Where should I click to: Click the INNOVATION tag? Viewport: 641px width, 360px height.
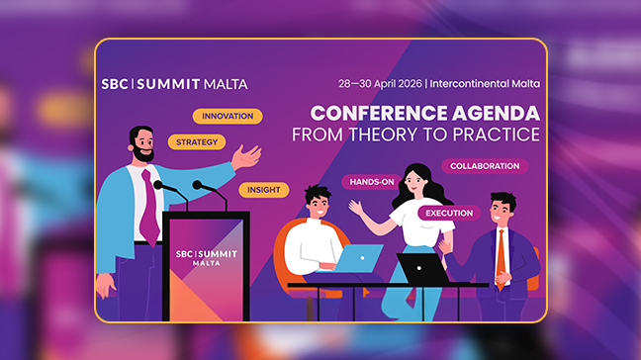pyautogui.click(x=227, y=116)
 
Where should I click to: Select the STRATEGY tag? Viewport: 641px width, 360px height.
pyautogui.click(x=196, y=141)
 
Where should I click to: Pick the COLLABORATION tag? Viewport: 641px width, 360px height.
pyautogui.click(x=485, y=166)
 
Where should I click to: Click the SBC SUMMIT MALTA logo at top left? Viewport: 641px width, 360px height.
pyautogui.click(x=174, y=84)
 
